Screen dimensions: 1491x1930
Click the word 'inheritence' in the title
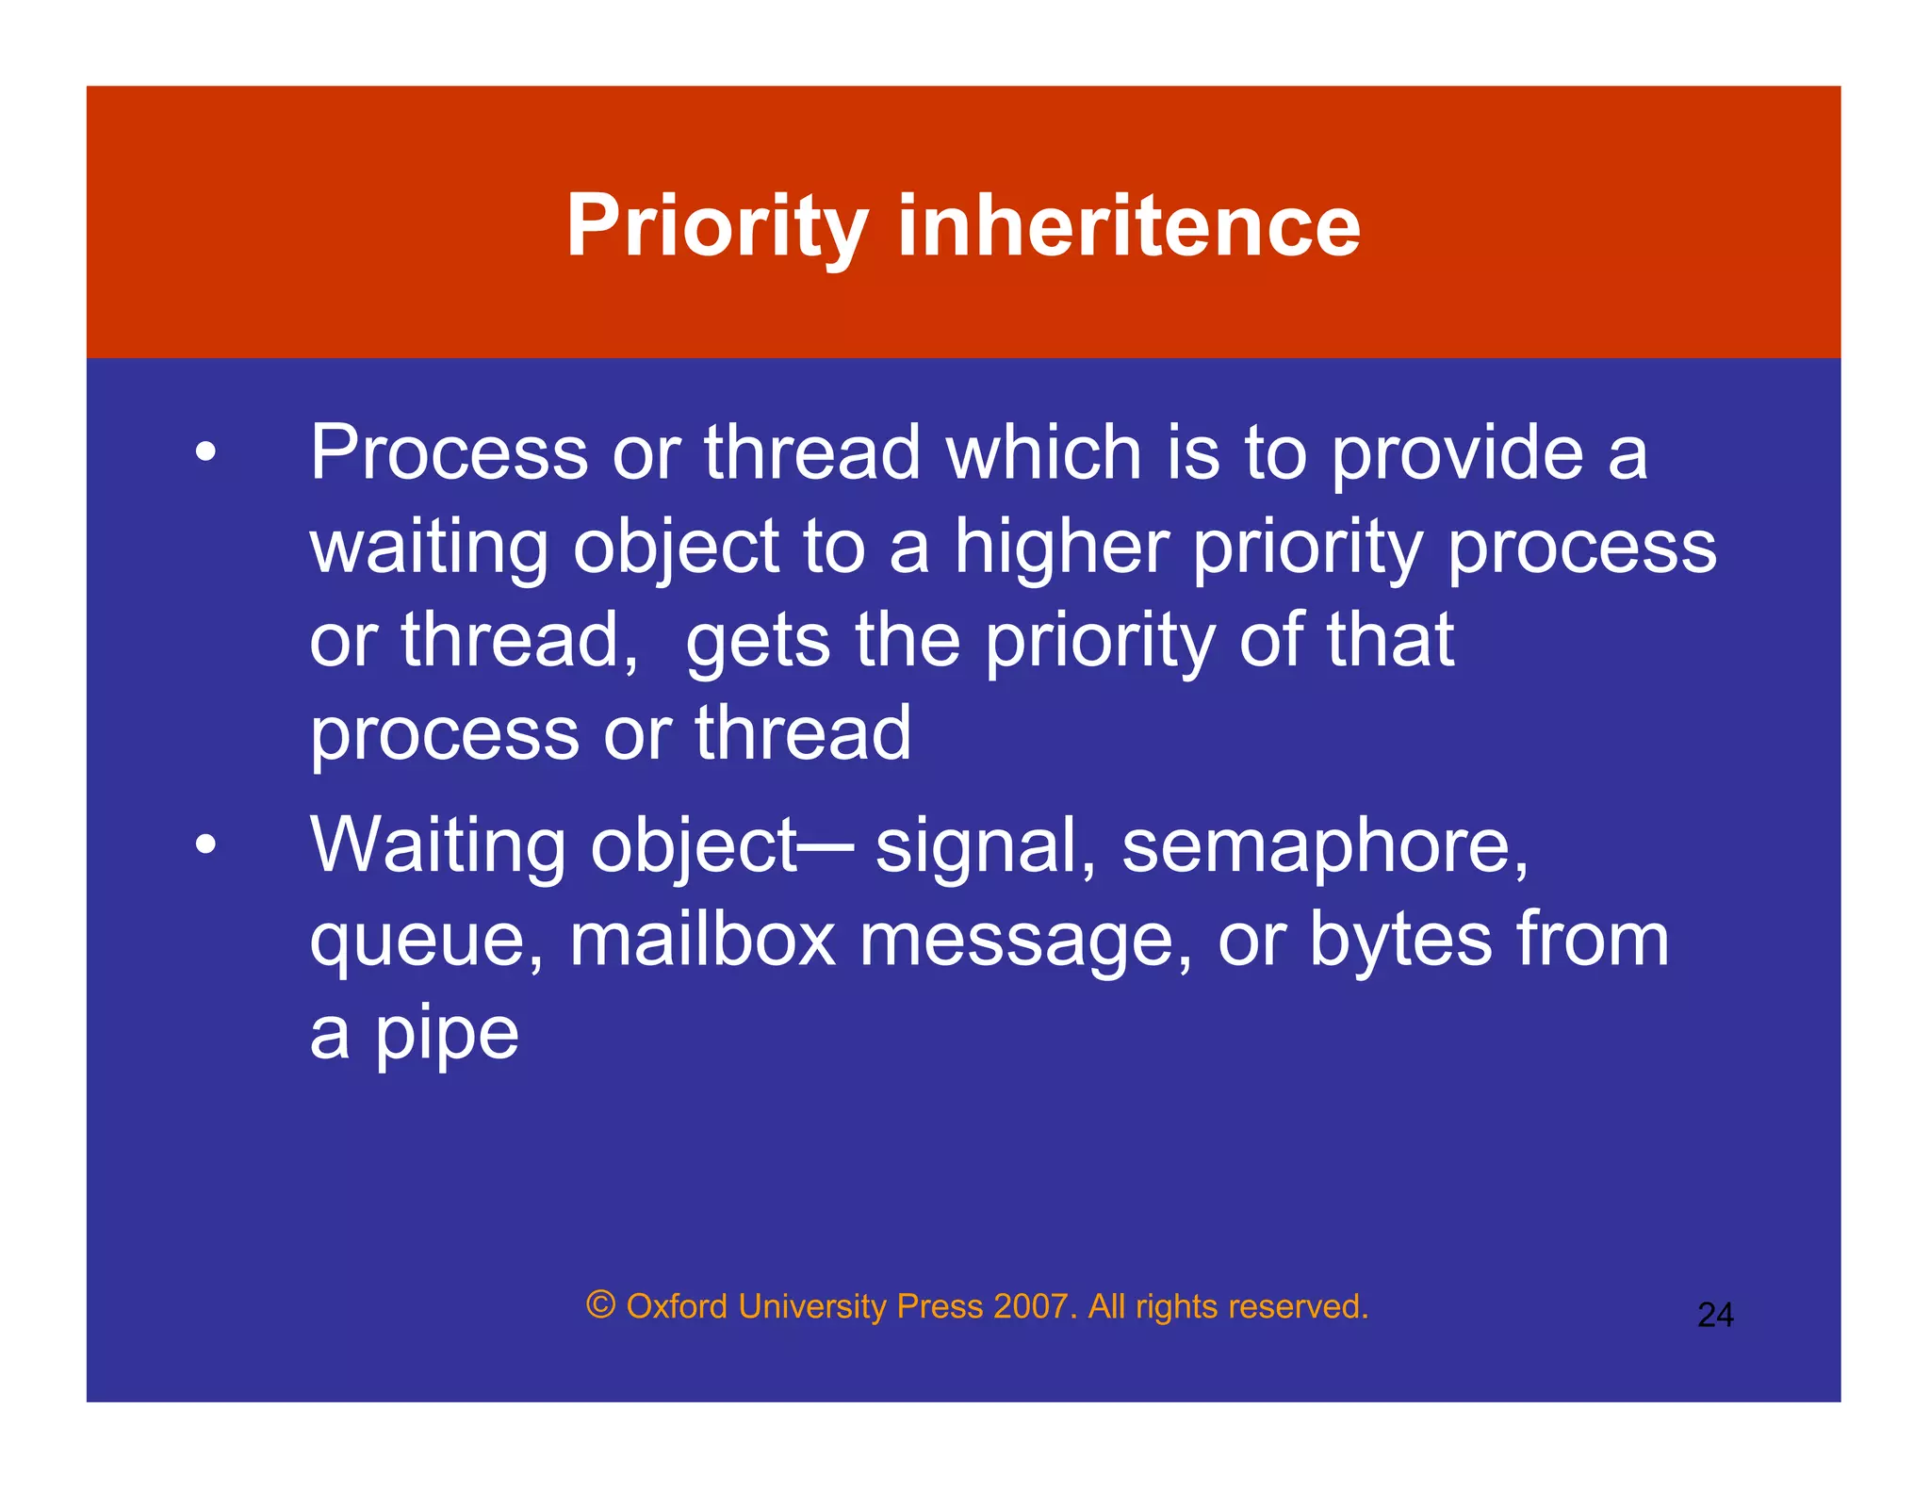[1128, 226]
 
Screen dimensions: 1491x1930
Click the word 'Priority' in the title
[716, 226]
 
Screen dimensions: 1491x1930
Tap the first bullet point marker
[205, 452]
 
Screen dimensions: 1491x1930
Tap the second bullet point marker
[205, 844]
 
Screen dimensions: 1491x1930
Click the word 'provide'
[1457, 454]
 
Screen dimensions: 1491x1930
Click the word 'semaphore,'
[1324, 846]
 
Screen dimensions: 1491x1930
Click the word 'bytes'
[1401, 941]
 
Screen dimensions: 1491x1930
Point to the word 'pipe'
[447, 1035]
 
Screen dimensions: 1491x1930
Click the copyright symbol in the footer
[600, 1305]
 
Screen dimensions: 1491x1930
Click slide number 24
[1715, 1315]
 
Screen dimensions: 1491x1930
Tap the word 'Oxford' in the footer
[677, 1306]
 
